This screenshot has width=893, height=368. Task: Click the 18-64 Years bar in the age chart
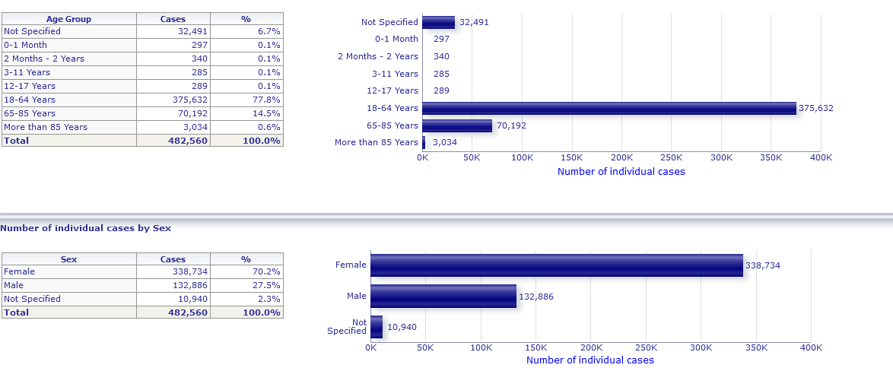click(609, 108)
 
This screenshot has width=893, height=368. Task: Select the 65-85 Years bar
click(457, 125)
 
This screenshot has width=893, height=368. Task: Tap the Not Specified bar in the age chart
click(438, 22)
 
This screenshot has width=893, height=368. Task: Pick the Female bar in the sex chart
click(556, 265)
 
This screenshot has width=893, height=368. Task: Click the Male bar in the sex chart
click(443, 296)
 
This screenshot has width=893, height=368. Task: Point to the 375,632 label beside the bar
click(816, 108)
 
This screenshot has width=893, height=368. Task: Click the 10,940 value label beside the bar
click(402, 327)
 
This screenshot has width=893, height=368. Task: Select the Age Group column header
click(68, 19)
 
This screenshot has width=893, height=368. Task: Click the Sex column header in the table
click(68, 259)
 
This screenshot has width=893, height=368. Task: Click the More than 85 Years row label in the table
click(46, 127)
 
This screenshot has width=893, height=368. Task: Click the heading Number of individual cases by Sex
click(86, 227)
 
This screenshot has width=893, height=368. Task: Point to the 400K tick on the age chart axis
click(821, 157)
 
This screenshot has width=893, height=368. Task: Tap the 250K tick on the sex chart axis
click(646, 347)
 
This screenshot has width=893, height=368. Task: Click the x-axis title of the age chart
click(621, 171)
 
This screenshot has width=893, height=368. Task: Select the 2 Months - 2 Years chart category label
click(378, 56)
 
